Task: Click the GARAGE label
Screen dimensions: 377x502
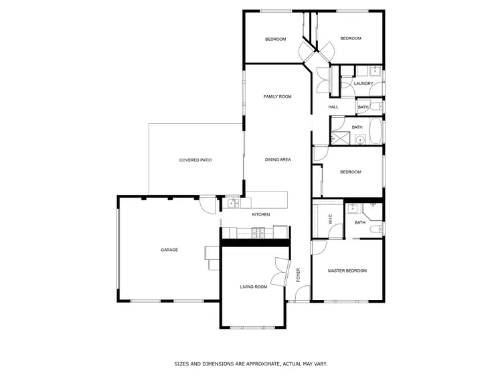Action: [x=169, y=250]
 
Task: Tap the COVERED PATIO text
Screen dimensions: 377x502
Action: [x=195, y=160]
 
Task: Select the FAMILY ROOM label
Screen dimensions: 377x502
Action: [x=277, y=97]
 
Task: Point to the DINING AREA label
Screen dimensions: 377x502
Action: [x=277, y=160]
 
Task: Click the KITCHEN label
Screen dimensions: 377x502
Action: [x=260, y=214]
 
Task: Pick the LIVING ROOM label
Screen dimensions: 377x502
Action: [x=254, y=287]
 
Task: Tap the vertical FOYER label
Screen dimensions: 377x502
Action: [x=299, y=275]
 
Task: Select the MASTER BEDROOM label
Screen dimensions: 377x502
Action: [x=347, y=271]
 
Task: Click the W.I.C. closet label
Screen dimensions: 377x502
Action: [x=330, y=218]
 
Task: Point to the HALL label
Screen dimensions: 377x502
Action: [x=333, y=107]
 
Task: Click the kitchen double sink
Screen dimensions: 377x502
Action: [x=232, y=204]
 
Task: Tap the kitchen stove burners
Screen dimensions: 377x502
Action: [x=258, y=233]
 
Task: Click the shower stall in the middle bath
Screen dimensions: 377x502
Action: [x=341, y=139]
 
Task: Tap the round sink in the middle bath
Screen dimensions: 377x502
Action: [x=359, y=140]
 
